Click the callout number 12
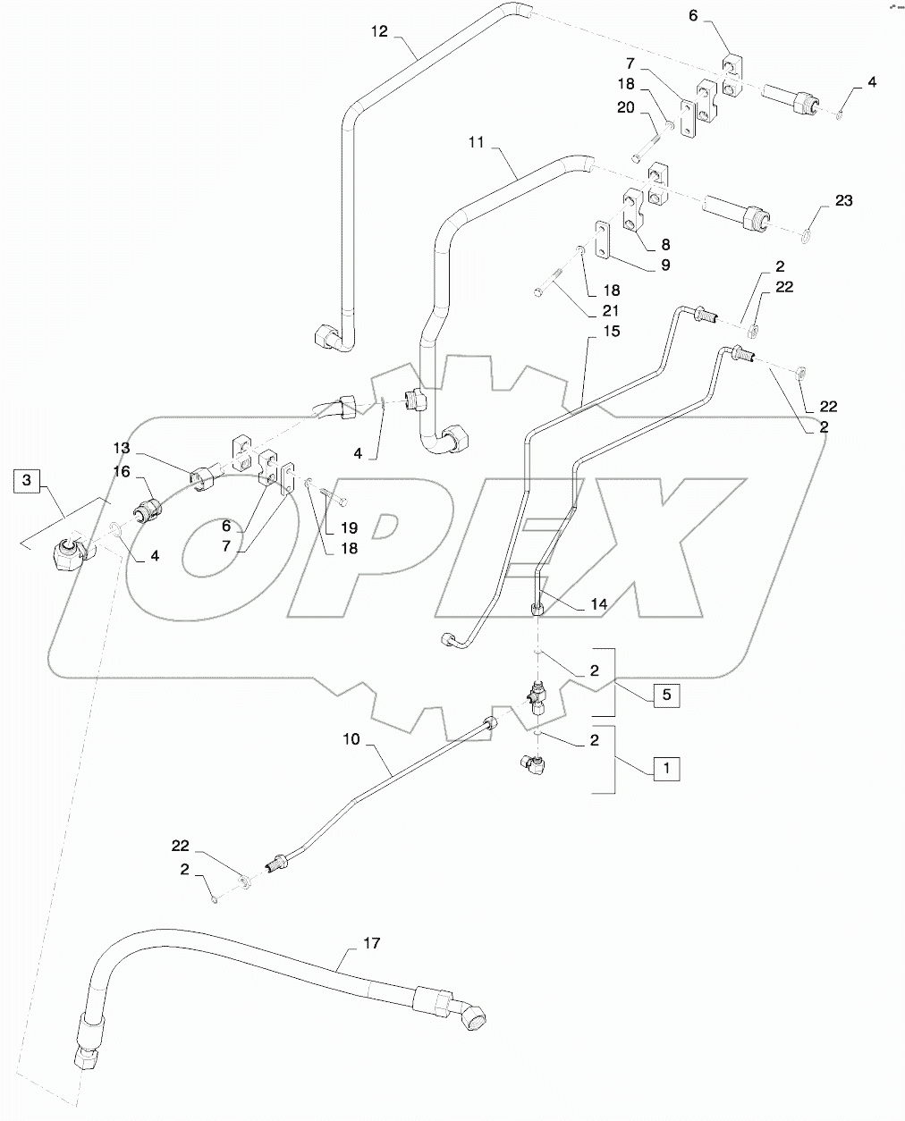380,32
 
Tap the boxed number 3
27,481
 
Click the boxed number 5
665,693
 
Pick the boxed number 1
665,766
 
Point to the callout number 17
348,942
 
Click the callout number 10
351,739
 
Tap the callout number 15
587,332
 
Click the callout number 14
598,604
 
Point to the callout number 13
122,447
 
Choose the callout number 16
122,471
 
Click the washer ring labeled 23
808,235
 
